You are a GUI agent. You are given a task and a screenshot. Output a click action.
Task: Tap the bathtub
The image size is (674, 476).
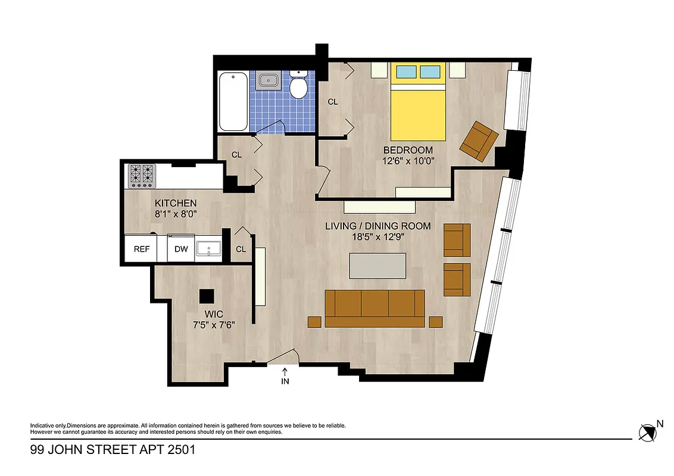(x=233, y=102)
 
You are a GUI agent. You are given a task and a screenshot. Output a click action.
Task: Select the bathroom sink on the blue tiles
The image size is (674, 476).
(x=269, y=79)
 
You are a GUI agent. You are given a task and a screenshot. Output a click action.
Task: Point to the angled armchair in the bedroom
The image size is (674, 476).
(x=479, y=140)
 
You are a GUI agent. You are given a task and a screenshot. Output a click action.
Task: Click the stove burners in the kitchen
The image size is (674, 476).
(x=142, y=176)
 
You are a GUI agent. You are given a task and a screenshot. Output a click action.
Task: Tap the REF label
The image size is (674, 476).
(x=141, y=249)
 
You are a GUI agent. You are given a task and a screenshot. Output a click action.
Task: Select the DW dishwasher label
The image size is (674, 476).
(x=181, y=249)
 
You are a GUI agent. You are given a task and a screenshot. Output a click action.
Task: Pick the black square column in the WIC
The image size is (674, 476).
(x=207, y=296)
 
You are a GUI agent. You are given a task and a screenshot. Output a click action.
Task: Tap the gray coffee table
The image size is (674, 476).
(x=378, y=265)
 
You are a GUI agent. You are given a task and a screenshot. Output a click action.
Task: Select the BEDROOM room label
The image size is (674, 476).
(x=408, y=150)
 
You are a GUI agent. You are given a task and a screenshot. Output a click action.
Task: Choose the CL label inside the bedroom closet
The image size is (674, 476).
(x=333, y=102)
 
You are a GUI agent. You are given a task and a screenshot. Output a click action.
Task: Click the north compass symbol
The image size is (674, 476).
(x=648, y=432)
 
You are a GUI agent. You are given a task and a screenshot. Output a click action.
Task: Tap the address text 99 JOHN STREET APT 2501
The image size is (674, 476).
(x=113, y=450)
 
